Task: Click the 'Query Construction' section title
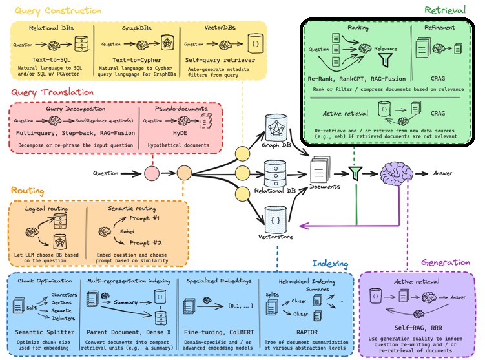point(57,10)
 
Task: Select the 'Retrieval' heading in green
point(446,10)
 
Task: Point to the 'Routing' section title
point(27,191)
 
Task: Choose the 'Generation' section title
point(446,262)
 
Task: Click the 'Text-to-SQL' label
point(52,58)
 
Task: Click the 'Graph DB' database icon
point(276,129)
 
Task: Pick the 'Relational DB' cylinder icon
point(276,171)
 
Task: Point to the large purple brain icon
point(397,173)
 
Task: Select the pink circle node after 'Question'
point(152,173)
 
